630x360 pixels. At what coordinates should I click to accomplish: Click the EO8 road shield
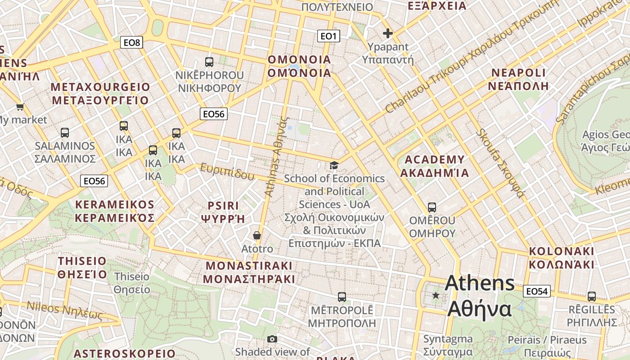click(x=132, y=43)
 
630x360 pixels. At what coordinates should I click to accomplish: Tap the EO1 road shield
click(x=328, y=36)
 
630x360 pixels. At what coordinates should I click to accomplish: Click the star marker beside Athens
click(x=436, y=296)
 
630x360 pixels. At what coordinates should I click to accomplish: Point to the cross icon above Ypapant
click(x=387, y=33)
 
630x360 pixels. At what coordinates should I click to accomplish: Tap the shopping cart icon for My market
click(x=20, y=107)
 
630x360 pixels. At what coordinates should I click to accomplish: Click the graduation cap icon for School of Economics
click(x=334, y=166)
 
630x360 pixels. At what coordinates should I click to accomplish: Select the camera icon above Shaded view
click(x=272, y=339)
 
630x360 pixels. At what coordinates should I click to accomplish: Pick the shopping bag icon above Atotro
click(x=257, y=235)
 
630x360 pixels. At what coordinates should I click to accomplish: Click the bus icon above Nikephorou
click(x=209, y=62)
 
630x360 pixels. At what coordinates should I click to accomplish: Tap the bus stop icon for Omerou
click(x=432, y=207)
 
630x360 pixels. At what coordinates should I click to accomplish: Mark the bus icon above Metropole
click(x=342, y=297)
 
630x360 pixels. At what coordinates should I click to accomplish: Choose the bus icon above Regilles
click(x=592, y=297)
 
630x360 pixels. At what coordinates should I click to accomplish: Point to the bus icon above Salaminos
click(x=65, y=133)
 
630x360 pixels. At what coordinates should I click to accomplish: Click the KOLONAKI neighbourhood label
click(x=561, y=258)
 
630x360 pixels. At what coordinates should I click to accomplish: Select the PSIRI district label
click(x=223, y=212)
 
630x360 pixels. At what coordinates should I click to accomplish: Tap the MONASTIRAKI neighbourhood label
click(x=249, y=272)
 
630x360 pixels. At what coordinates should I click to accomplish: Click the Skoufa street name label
click(x=501, y=163)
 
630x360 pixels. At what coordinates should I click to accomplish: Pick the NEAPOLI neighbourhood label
click(x=518, y=79)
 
